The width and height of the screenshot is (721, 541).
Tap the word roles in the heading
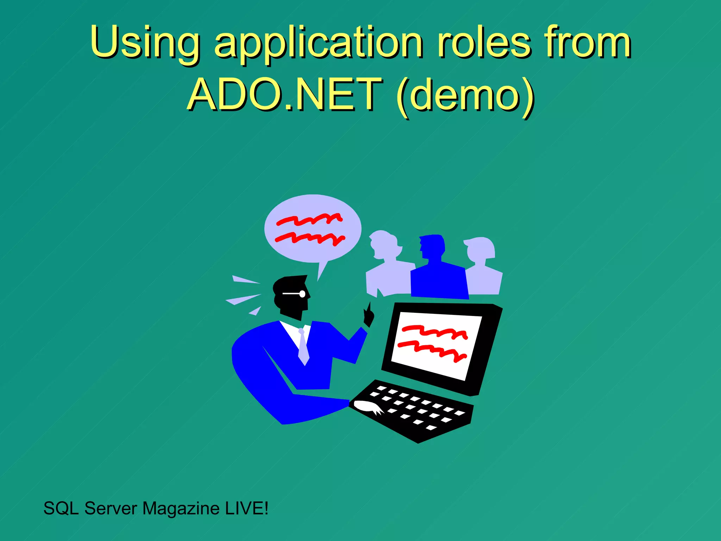coord(484,42)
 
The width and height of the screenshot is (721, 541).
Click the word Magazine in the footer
coord(181,509)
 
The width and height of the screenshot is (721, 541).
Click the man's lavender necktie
coord(303,347)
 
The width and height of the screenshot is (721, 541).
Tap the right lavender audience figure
coord(482,268)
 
